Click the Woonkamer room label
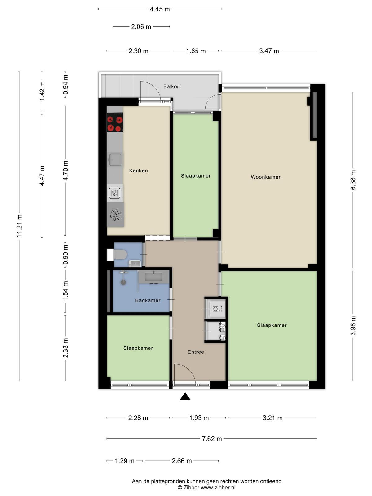pos(265,177)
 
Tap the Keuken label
pos(138,170)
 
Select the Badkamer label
pos(148,300)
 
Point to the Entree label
pos(196,352)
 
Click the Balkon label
pos(171,86)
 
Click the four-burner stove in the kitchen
pos(115,122)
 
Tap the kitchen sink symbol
pos(115,160)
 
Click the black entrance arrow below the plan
pos(185,397)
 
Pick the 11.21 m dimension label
pos(19,226)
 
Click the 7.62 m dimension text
pos(212,439)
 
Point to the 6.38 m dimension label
pos(353,180)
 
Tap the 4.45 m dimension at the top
pos(160,9)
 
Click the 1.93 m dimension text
pos(199,418)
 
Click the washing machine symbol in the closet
pos(217,308)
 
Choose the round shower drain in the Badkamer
pos(123,282)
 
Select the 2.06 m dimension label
pos(141,27)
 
